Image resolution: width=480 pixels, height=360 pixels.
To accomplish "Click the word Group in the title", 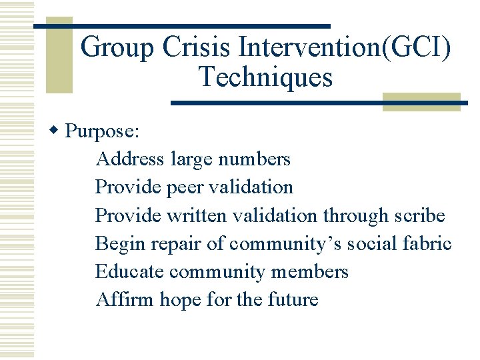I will (x=114, y=47).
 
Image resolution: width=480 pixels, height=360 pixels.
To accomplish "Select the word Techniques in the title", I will (x=265, y=77).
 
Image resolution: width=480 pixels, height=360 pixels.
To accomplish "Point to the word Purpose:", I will (x=103, y=131).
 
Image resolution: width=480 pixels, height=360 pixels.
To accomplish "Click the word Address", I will (x=130, y=159).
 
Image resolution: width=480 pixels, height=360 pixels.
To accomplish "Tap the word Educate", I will (x=129, y=272).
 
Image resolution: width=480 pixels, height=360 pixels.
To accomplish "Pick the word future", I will (x=293, y=300).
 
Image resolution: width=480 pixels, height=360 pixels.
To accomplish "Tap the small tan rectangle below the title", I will (x=421, y=101).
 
